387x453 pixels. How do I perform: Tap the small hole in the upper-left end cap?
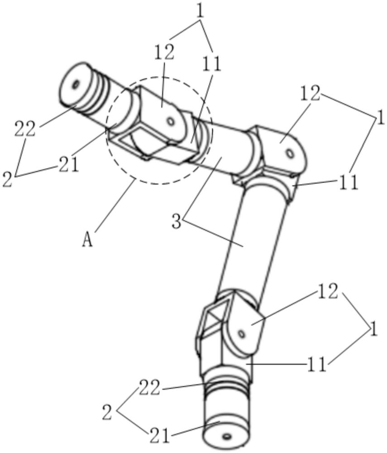(x=76, y=83)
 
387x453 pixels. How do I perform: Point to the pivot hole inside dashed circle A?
(x=170, y=121)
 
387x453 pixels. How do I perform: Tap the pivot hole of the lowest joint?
(x=242, y=334)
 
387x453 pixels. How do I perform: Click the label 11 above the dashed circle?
(x=212, y=65)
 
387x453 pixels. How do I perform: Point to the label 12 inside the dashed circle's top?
(x=164, y=53)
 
